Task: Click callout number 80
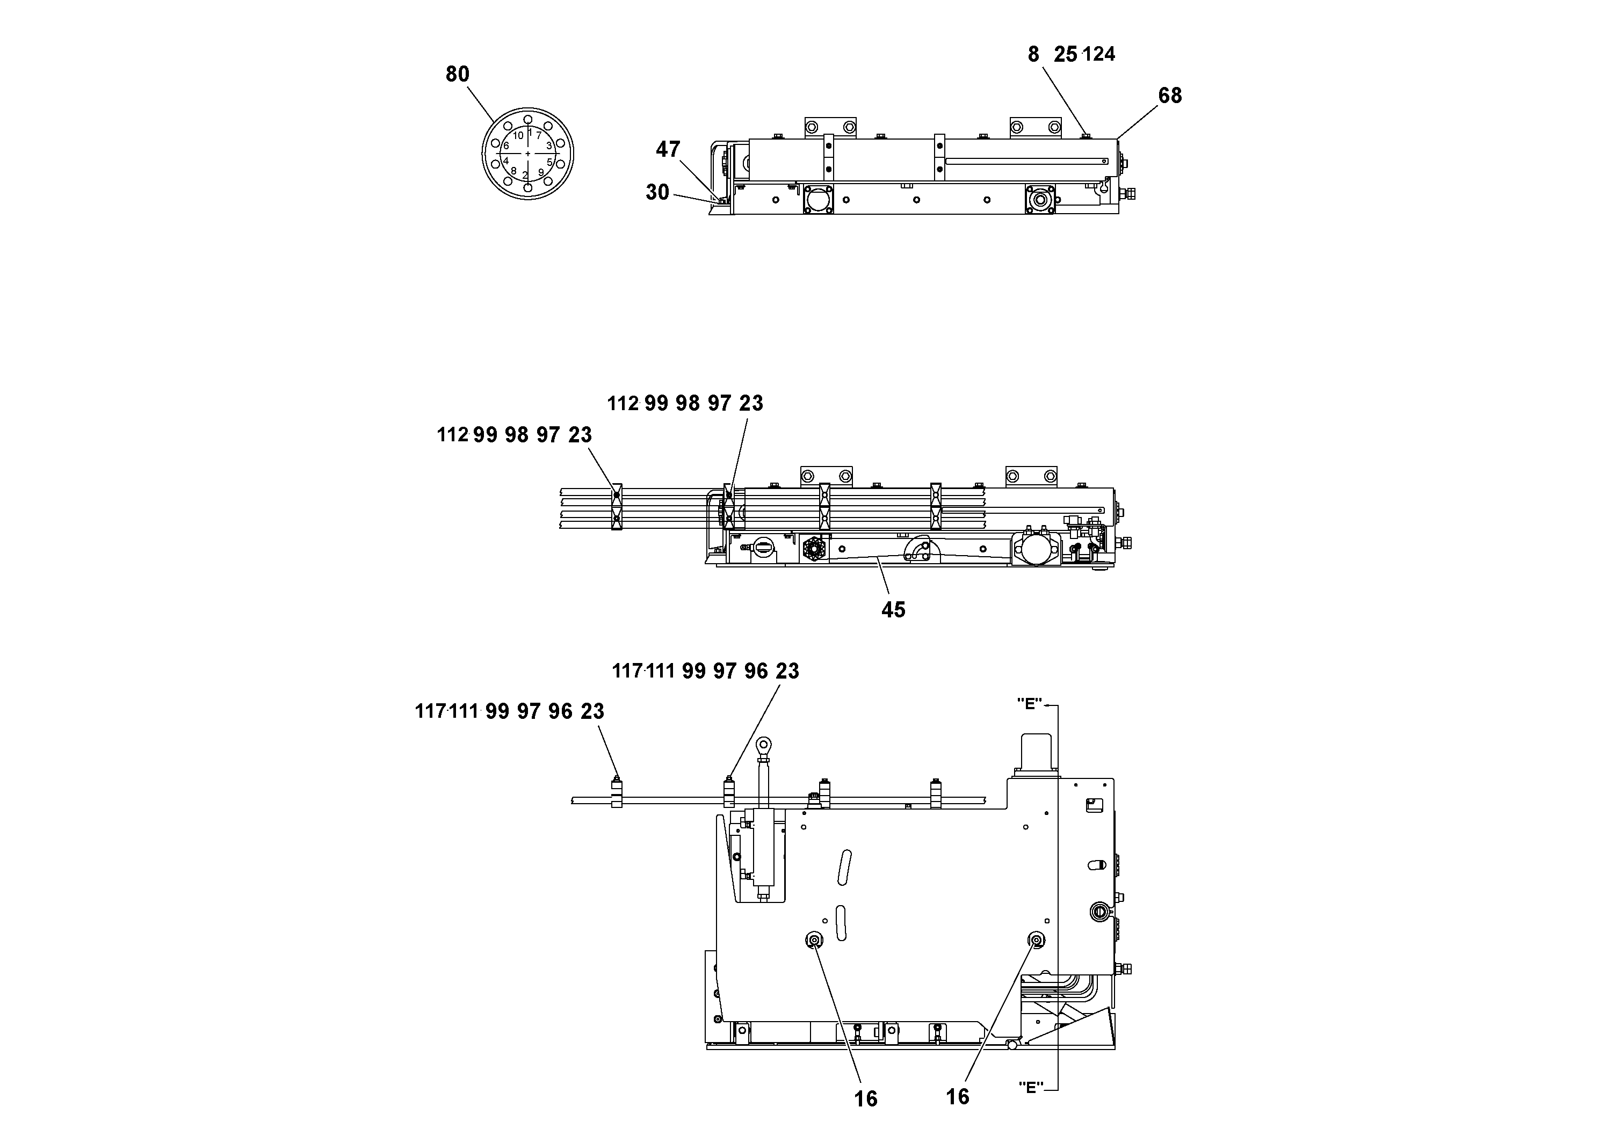coord(458,74)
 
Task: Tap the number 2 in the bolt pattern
coord(525,174)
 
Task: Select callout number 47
coord(668,149)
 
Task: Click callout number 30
coord(657,192)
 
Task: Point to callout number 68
coord(1170,96)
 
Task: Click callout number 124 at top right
coord(1099,54)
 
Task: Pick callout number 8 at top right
coord(1033,54)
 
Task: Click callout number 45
coord(894,610)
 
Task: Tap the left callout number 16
coord(866,1099)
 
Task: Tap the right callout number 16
coord(958,1097)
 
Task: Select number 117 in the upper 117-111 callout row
coord(626,671)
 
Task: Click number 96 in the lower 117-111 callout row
coord(560,711)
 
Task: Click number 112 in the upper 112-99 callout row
coord(623,404)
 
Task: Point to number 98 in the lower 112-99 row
coord(517,435)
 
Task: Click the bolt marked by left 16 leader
coord(813,941)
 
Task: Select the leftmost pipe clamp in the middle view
coord(616,506)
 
